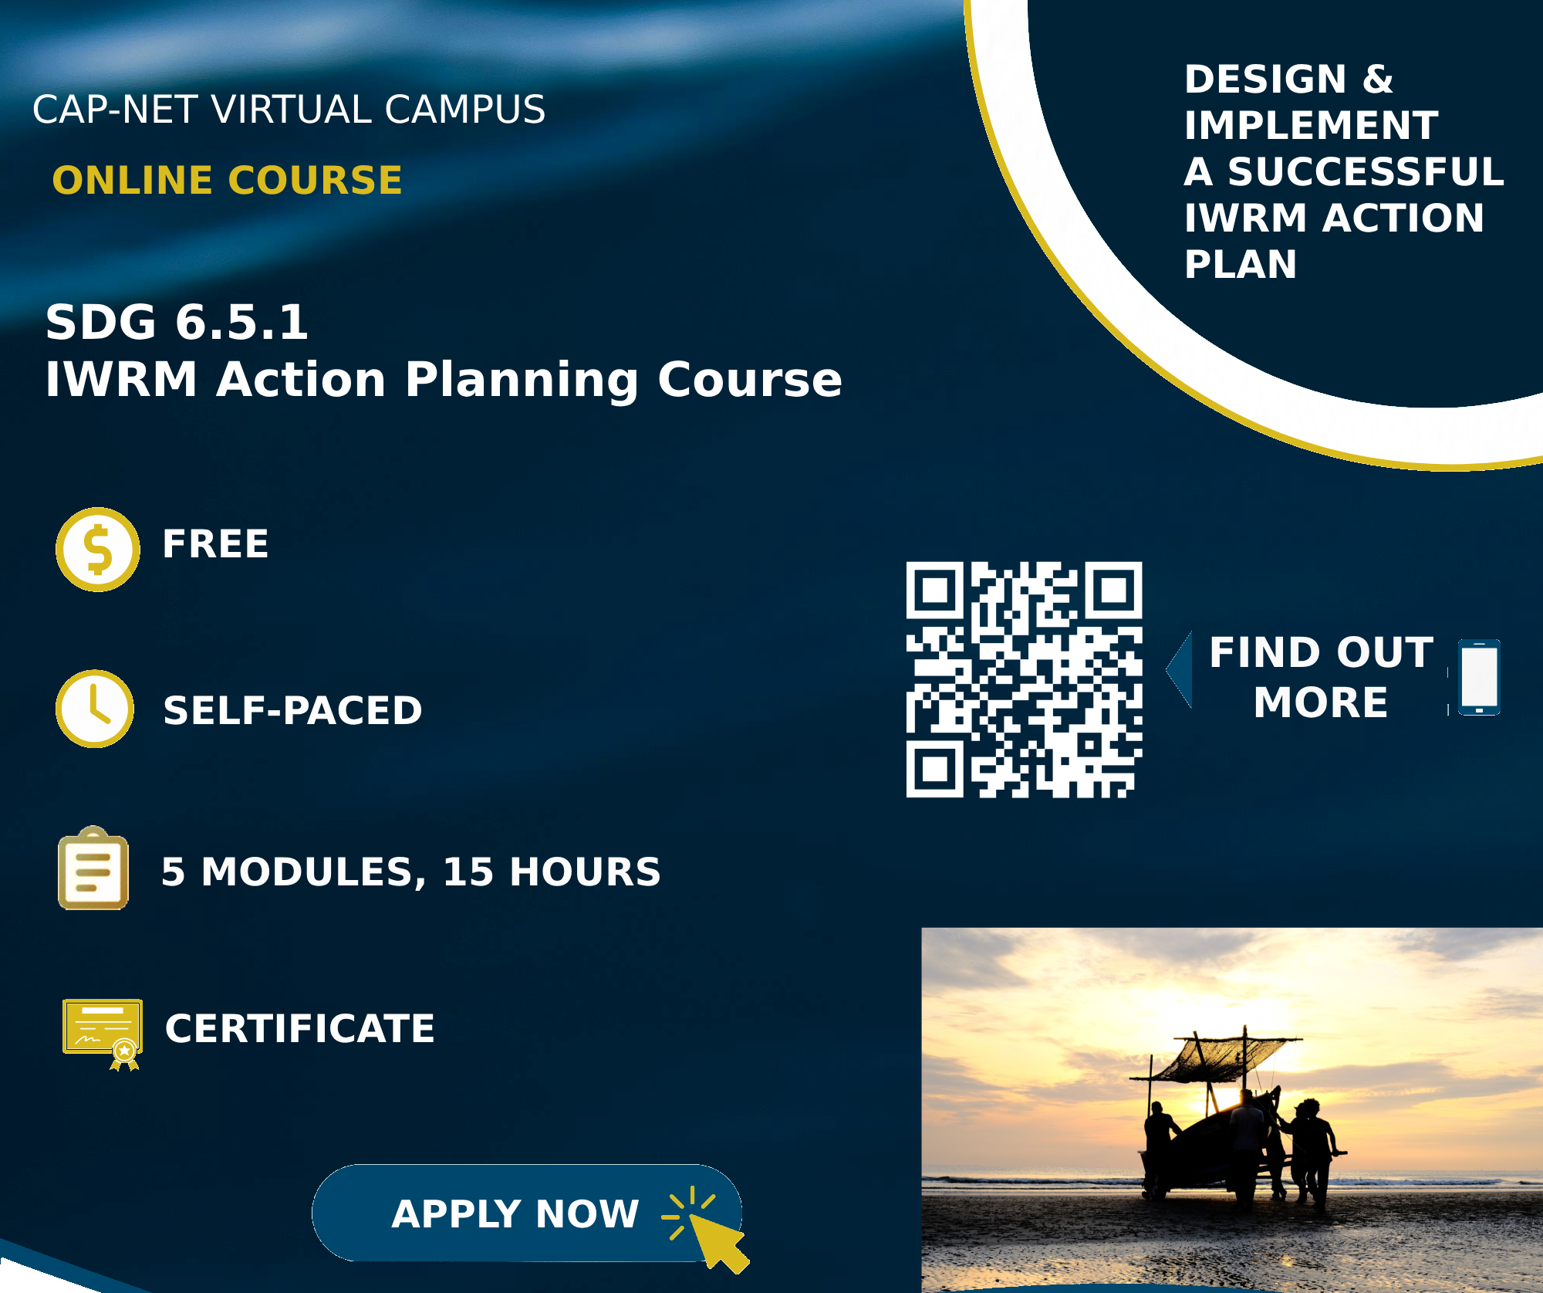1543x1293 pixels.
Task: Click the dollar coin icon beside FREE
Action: click(x=98, y=550)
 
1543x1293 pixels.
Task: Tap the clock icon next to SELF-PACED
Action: click(x=95, y=709)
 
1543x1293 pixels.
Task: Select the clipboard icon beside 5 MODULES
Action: click(x=93, y=869)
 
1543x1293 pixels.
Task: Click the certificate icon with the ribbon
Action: click(x=103, y=1033)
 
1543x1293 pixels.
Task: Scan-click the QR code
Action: click(x=1024, y=679)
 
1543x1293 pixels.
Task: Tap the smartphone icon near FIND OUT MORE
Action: click(x=1479, y=677)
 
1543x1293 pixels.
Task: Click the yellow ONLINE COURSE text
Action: click(x=228, y=181)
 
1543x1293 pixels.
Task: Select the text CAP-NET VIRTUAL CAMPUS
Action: click(x=289, y=110)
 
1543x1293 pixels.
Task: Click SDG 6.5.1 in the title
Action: click(x=177, y=322)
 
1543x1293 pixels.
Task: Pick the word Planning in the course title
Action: click(x=522, y=380)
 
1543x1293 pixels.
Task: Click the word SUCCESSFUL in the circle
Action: click(x=1366, y=172)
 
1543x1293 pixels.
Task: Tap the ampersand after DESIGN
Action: click(x=1378, y=80)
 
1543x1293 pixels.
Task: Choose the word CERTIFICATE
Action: click(x=300, y=1029)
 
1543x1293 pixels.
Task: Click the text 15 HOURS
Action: click(x=552, y=872)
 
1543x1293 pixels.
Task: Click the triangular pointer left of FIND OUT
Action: click(x=1180, y=669)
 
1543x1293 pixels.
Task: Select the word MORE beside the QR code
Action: click(x=1321, y=702)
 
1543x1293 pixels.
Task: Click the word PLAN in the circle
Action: click(x=1241, y=265)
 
